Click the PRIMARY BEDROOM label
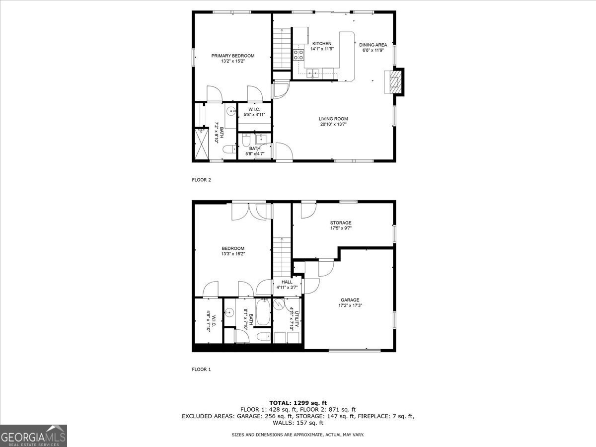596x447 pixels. [233, 56]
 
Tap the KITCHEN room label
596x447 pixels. [322, 44]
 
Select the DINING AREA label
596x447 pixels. [373, 45]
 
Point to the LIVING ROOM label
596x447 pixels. [333, 119]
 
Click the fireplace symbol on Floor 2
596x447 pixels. [394, 82]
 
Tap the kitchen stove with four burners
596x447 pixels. [298, 55]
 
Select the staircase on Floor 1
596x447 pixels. [281, 256]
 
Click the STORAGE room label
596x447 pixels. [341, 223]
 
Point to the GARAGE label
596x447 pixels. [350, 300]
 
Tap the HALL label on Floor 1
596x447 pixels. [287, 282]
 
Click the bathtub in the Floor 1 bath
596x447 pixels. [263, 313]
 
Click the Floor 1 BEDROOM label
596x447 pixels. [233, 248]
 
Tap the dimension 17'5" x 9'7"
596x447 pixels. [341, 228]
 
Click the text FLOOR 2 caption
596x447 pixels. [202, 180]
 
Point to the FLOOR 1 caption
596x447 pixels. [202, 369]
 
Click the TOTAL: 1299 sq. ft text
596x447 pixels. [298, 403]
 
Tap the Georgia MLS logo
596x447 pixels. [34, 436]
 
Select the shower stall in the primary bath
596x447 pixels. [201, 145]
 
